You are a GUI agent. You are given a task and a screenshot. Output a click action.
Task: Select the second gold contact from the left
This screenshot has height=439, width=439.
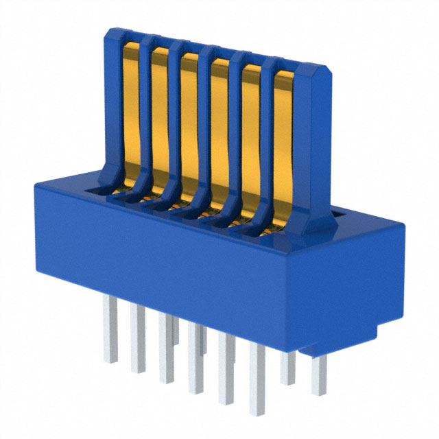[160, 117]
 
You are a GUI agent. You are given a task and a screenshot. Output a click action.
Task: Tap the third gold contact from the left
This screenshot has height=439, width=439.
[190, 123]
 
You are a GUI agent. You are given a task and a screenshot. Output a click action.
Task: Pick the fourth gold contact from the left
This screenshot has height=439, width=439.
[220, 130]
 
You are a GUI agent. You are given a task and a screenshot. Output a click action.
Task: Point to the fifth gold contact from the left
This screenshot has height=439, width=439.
[251, 137]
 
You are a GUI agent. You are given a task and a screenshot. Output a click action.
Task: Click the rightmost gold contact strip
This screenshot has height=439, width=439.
[282, 144]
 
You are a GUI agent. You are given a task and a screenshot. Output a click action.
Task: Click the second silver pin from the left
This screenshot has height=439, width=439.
[138, 340]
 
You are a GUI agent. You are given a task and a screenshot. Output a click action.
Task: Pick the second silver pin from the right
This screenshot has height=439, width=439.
[289, 367]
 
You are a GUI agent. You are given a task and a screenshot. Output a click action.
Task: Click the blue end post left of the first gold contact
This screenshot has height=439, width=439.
[113, 103]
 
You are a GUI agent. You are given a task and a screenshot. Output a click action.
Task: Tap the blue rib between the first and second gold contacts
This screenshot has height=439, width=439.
[145, 117]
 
